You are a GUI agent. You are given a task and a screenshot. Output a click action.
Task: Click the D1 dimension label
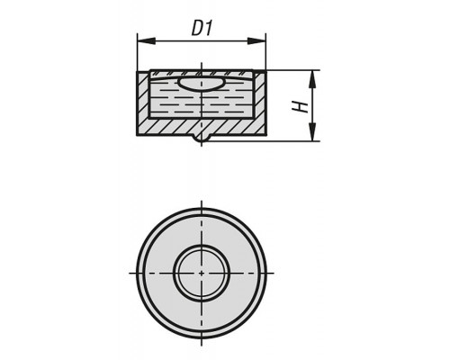pyautogui.click(x=202, y=29)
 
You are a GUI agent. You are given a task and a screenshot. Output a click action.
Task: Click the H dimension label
pyautogui.click(x=301, y=107)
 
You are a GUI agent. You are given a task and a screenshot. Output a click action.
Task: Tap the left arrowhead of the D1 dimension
pyautogui.click(x=147, y=41)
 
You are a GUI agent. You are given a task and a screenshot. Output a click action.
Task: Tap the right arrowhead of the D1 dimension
pyautogui.click(x=256, y=41)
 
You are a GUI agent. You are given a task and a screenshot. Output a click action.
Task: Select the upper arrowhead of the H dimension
pyautogui.click(x=312, y=79)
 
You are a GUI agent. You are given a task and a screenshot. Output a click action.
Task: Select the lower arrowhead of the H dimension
pyautogui.click(x=312, y=131)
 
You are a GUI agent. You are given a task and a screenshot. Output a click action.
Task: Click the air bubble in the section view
pyautogui.click(x=201, y=84)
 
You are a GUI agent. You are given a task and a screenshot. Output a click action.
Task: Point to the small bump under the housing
pyautogui.click(x=202, y=139)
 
